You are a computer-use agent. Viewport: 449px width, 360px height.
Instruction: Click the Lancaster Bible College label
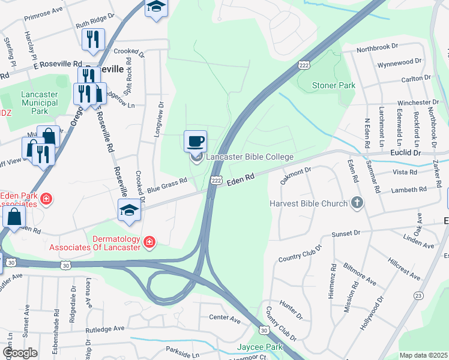(249, 157)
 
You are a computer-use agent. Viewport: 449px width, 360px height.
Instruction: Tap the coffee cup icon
(195, 142)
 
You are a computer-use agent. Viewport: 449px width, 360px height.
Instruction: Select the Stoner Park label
(333, 85)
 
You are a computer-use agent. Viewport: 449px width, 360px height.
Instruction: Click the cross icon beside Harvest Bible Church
(357, 203)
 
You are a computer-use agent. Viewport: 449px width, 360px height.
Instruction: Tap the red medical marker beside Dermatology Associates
(149, 242)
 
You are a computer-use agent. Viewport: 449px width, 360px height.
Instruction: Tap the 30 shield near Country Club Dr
(264, 330)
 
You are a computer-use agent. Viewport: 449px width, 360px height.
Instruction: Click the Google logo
(20, 353)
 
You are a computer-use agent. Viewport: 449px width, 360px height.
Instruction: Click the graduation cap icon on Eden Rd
(129, 210)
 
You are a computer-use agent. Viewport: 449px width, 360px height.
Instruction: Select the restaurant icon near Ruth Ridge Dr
(93, 39)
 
